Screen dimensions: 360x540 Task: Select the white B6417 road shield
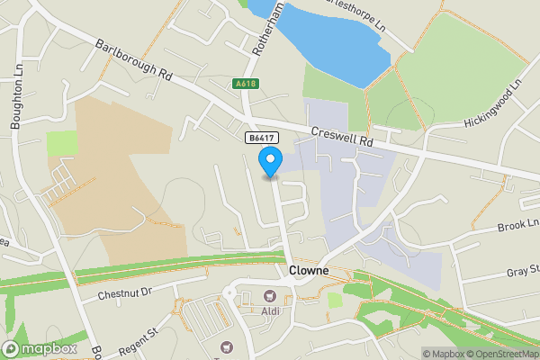click(x=260, y=138)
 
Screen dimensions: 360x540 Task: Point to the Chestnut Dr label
click(x=127, y=291)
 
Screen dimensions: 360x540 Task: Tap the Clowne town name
click(x=308, y=271)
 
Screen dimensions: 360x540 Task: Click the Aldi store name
click(x=269, y=310)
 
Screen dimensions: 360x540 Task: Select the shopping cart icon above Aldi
click(x=268, y=296)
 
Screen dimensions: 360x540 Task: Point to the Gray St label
click(x=522, y=272)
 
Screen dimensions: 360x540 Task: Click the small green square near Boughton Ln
click(x=62, y=143)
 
